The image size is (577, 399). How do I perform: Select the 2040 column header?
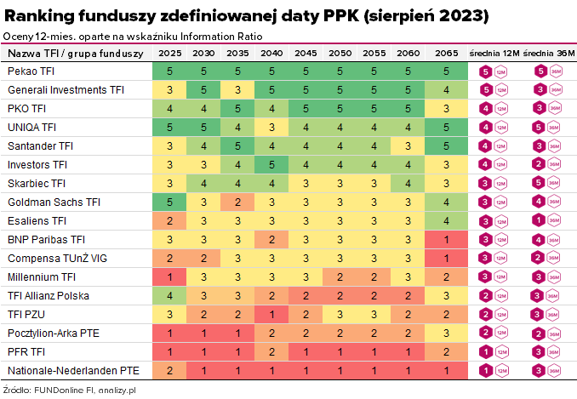coord(271,54)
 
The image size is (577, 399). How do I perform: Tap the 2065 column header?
coord(446,54)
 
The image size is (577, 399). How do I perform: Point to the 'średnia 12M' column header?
coord(494,54)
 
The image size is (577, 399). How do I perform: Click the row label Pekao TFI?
coord(30,71)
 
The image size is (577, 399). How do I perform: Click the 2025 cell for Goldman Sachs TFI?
coord(169,202)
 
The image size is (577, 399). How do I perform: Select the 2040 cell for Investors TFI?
coord(271,165)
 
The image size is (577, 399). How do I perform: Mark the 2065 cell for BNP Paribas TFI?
coord(446,240)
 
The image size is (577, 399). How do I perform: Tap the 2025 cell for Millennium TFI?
coord(169,277)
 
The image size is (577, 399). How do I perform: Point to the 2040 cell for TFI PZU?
coord(271,315)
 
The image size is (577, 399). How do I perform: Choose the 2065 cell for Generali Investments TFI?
coord(446,90)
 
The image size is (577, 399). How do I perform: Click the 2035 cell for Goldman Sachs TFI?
coord(237,202)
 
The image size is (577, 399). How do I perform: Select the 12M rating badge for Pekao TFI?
coord(487,71)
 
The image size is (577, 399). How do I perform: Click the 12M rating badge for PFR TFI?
coord(487,352)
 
